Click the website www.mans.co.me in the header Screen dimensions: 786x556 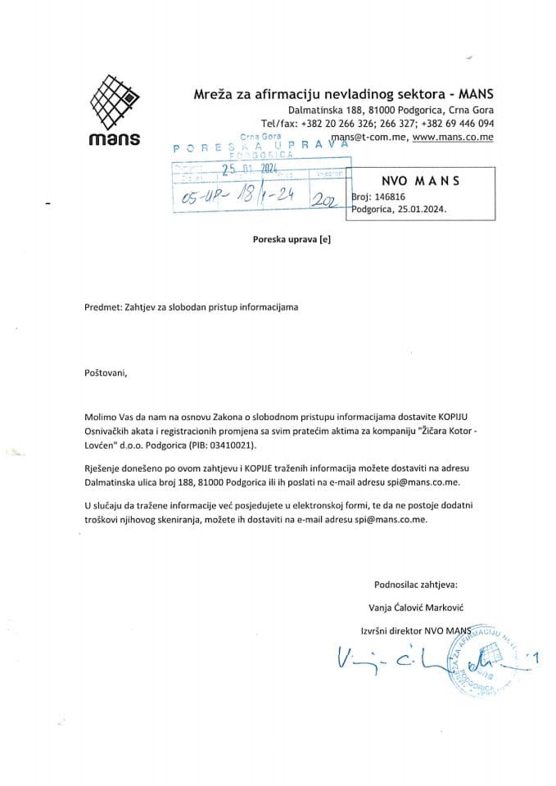(453, 138)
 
